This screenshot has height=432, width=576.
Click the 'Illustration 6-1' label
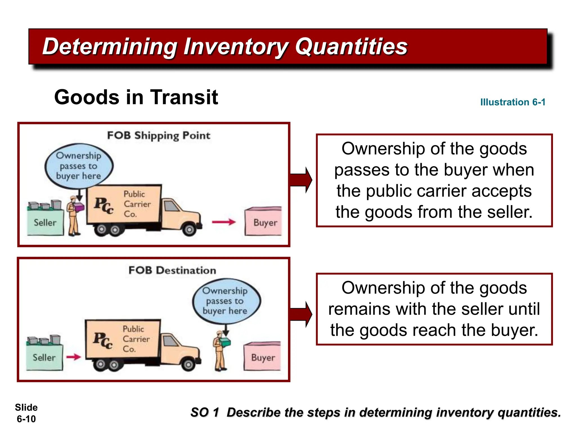[512, 102]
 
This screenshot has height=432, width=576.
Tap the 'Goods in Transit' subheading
[136, 97]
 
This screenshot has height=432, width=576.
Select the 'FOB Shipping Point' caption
[159, 136]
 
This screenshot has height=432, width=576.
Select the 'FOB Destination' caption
[172, 270]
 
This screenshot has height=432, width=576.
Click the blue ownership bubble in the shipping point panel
[79, 166]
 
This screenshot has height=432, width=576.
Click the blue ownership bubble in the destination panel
[226, 301]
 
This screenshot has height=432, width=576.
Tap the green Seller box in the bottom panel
[44, 357]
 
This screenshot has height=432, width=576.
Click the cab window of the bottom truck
[170, 341]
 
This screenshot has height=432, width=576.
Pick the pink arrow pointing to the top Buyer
[224, 222]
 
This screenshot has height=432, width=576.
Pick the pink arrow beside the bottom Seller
[73, 357]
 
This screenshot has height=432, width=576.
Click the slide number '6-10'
[26, 419]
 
